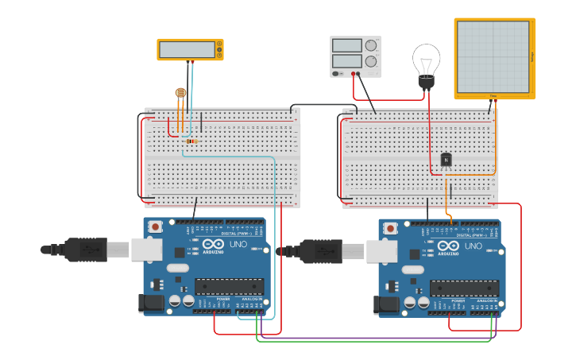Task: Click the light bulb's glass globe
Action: [x=426, y=59]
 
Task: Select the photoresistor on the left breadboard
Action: [x=180, y=93]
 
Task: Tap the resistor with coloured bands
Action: [x=191, y=141]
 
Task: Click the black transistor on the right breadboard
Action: [x=446, y=160]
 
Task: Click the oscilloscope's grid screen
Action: [x=493, y=56]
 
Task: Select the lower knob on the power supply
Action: [x=371, y=60]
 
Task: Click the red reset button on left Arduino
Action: [x=156, y=226]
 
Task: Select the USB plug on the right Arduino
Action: [x=321, y=250]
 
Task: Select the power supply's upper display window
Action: [x=347, y=45]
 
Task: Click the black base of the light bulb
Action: [x=427, y=81]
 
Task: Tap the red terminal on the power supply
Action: [x=354, y=74]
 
